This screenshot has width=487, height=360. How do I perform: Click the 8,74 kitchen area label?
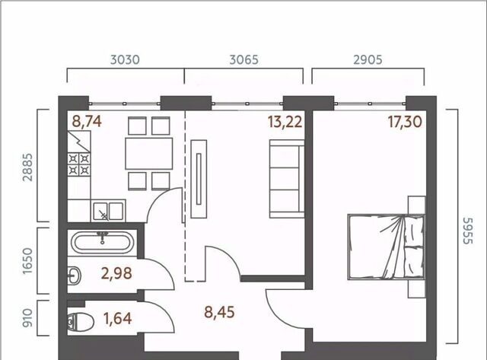(x=87, y=121)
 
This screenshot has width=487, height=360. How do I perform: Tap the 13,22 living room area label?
(x=285, y=122)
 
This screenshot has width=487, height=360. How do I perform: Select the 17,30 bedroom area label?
(x=405, y=122)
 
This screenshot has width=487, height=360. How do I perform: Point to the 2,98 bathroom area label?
(x=116, y=273)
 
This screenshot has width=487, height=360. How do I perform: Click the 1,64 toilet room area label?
(x=118, y=318)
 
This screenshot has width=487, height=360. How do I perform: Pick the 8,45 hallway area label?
(x=219, y=312)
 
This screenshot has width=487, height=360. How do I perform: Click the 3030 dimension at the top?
(x=125, y=59)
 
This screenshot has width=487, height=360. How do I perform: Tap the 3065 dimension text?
(x=243, y=59)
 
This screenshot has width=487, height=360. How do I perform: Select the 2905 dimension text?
(x=368, y=59)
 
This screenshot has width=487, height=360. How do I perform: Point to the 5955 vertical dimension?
(x=467, y=231)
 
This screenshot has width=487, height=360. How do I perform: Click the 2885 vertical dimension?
(x=27, y=167)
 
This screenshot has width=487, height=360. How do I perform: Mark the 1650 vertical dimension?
(x=27, y=260)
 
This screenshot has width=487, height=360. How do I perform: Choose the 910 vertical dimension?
(x=27, y=317)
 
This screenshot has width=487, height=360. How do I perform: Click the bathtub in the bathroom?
(x=102, y=243)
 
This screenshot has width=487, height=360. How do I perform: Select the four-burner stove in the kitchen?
(x=79, y=164)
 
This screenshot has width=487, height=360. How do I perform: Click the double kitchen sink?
(x=108, y=211)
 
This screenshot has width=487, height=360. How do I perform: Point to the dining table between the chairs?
(x=149, y=154)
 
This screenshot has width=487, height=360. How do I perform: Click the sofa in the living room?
(x=287, y=179)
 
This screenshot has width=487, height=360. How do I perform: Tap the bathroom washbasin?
(x=75, y=276)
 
